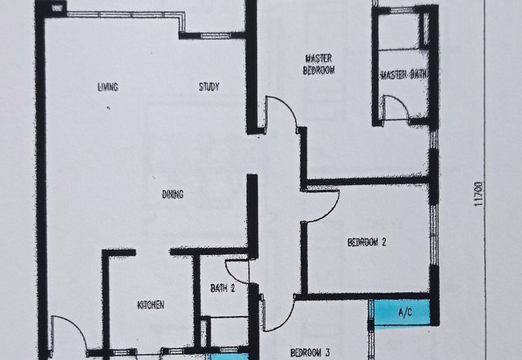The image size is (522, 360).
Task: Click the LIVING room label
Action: [108, 87]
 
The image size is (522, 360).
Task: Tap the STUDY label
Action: [209, 87]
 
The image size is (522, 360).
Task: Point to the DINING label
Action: [173, 194]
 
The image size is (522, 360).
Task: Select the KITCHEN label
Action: [151, 305]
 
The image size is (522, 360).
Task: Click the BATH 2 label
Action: [223, 288]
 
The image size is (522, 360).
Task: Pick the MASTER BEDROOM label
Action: [318, 65]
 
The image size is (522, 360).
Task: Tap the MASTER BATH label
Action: [403, 75]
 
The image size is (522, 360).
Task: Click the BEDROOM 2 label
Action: [367, 242]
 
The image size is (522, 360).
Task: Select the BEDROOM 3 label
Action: [310, 353]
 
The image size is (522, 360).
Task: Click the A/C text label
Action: [405, 312]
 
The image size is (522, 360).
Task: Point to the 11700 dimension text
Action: [478, 194]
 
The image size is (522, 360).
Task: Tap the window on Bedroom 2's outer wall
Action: [433, 235]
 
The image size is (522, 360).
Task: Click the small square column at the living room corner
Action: [57, 7]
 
